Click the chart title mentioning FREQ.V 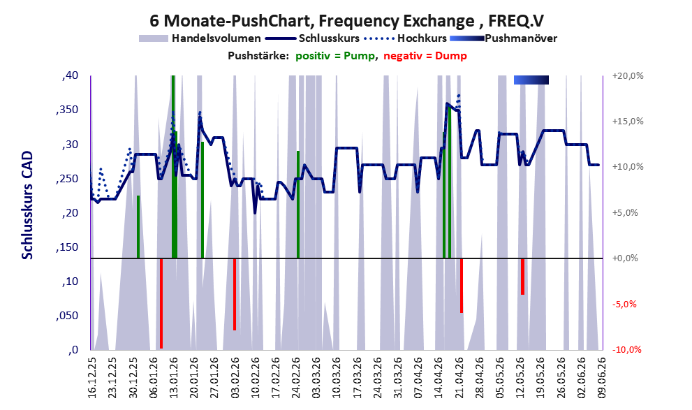click(x=346, y=20)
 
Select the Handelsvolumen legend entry click(x=200, y=38)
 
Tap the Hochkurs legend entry click(x=406, y=38)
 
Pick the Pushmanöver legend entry click(x=503, y=38)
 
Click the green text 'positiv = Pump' click(x=335, y=56)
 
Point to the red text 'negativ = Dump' click(x=425, y=56)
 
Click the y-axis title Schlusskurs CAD click(x=27, y=205)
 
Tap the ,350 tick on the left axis click(x=67, y=110)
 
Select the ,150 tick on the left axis click(x=67, y=247)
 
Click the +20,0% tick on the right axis click(x=628, y=76)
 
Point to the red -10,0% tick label click(x=626, y=349)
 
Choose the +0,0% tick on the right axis click(x=625, y=258)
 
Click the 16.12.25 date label click(x=91, y=378)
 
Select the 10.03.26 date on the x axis click(x=337, y=378)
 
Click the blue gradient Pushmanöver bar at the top click(x=531, y=80)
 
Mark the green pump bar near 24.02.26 click(x=298, y=205)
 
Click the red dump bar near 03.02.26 click(x=235, y=294)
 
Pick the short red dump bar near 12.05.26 click(x=522, y=277)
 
